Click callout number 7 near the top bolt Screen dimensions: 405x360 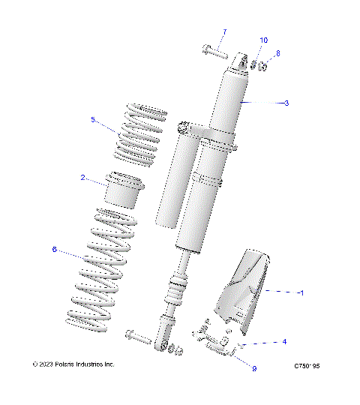pos(223,32)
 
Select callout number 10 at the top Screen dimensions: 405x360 pos(263,39)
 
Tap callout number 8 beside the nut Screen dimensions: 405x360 pos(277,53)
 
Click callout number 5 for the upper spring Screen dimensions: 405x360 pos(93,119)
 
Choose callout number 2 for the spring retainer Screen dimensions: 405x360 pos(82,178)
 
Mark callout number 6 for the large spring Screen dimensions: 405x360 pos(54,250)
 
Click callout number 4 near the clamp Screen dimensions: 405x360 pos(284,342)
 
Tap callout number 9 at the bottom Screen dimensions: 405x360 pos(254,368)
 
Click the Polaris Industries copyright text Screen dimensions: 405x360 pos(74,364)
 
